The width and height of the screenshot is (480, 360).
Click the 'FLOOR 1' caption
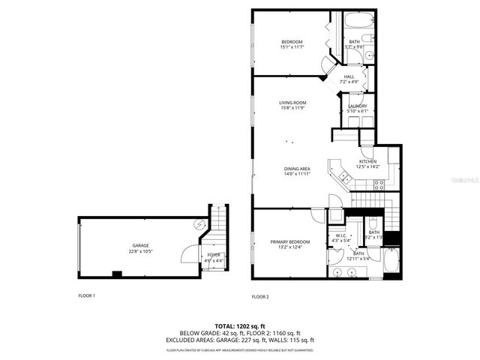point(87,295)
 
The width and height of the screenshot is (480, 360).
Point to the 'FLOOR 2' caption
point(259,297)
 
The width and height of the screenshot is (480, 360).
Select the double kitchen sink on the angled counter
point(344,177)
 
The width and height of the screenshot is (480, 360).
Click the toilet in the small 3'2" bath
point(373,223)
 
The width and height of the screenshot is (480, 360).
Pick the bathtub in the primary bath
point(391,262)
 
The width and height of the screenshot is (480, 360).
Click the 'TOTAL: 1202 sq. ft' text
point(239,325)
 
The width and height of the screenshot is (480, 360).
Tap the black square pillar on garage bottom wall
point(116,274)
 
